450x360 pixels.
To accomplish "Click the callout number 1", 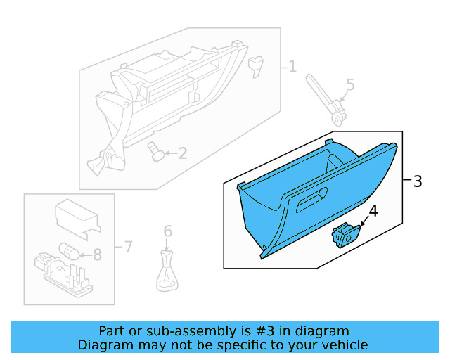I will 292,67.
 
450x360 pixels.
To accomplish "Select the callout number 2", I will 182,153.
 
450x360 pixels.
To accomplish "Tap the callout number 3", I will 417,181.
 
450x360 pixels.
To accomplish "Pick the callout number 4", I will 373,211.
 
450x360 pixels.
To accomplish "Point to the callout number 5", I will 349,85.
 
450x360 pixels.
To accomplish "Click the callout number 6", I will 167,231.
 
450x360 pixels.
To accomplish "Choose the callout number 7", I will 127,247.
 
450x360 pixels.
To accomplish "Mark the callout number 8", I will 97,255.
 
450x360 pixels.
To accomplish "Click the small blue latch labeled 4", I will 345,236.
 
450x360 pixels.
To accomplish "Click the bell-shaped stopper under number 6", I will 167,274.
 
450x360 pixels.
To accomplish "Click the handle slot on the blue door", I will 311,202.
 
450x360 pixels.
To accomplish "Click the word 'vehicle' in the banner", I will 343,345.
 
